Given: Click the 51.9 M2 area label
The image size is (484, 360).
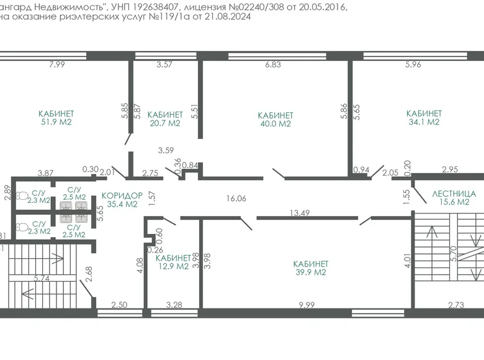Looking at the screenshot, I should point(56,123).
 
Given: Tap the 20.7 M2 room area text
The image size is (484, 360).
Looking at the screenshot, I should point(164,124).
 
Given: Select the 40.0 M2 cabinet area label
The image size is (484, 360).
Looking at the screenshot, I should point(275,124).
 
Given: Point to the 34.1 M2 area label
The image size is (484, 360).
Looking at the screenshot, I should point(424,122).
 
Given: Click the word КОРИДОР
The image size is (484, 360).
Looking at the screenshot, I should point(122,195).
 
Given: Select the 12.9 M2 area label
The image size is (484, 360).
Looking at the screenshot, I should point(173,266).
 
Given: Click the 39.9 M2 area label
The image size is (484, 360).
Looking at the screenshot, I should point(310,272).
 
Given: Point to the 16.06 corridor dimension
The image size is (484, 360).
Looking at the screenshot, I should point(236,199).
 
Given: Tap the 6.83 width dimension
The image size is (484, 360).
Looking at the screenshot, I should point(273,65).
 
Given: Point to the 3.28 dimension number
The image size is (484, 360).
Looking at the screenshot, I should point(174,305).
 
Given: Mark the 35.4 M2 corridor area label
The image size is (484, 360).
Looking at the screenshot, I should point(122,204).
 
